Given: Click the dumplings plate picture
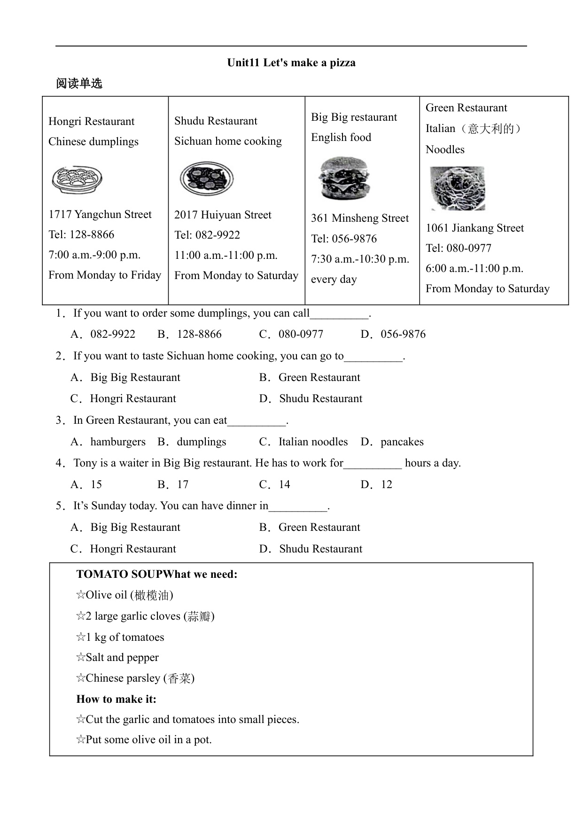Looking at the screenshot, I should [77, 179].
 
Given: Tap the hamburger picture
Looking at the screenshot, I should [344, 178].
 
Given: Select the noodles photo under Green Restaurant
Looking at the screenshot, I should [457, 188].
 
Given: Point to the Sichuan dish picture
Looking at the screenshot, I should [207, 179].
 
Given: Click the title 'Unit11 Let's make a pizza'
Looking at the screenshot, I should [291, 63].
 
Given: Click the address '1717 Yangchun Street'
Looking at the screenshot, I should [100, 215].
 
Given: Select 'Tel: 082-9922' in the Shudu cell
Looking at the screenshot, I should [207, 235].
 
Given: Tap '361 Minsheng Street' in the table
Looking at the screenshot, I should [360, 218].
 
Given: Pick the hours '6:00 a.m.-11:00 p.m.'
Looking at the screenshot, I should [474, 269].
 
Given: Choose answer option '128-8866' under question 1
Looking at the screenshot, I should [199, 334].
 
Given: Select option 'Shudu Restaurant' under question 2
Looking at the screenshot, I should [320, 399].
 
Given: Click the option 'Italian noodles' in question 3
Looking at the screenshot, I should [313, 442].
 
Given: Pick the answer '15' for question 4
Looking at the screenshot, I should [96, 485].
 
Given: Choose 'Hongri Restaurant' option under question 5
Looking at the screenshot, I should [132, 549].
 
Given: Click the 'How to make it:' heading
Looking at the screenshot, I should [117, 700].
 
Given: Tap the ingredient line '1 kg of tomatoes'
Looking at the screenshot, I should [124, 637].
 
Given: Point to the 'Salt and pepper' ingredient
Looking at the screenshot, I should [122, 658].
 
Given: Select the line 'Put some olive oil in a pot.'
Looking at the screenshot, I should [148, 740].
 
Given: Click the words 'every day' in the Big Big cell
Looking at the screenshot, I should [334, 280].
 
